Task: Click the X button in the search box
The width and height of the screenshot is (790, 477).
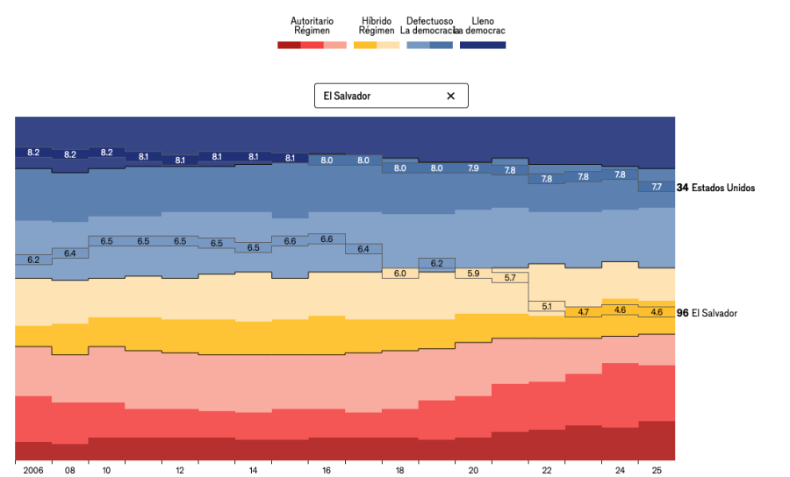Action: pos(451,96)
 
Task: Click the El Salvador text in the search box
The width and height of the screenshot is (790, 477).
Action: pos(347,96)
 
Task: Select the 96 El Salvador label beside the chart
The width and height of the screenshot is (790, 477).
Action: pos(714,313)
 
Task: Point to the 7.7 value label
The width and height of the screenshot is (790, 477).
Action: pos(657,187)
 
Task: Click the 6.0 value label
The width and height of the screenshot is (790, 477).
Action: pos(399,274)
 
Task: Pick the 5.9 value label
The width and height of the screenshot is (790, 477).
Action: pos(473,274)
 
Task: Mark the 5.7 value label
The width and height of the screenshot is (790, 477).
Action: pos(510,278)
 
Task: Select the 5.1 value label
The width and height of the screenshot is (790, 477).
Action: pos(547,306)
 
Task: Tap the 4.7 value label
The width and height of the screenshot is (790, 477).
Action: pos(583,312)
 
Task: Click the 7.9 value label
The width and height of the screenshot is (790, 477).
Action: pos(473,167)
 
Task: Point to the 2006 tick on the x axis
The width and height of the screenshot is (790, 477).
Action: pos(33,471)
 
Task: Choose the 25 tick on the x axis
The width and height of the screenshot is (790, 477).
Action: pos(657,471)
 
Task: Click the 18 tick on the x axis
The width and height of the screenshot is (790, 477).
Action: pos(399,471)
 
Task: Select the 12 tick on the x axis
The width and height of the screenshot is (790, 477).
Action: pos(180,471)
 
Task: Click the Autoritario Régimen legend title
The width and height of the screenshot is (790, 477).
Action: pos(312,25)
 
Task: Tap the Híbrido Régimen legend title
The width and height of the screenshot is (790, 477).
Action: pos(377,25)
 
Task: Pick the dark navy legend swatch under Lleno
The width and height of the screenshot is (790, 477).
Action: pos(483,45)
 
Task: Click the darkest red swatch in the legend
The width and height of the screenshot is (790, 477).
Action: pos(289,45)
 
